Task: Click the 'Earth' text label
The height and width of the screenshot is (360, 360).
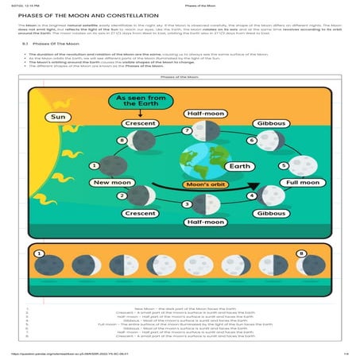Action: pyautogui.click(x=239, y=167)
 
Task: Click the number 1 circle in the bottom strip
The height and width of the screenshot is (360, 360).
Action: pyautogui.click(x=37, y=254)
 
